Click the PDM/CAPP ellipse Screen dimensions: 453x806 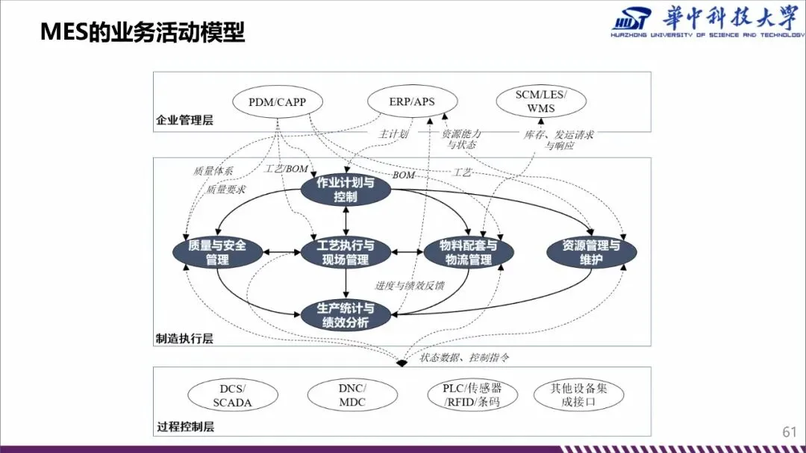(x=277, y=101)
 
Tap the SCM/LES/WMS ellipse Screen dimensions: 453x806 (x=541, y=101)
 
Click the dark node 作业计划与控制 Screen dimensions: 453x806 (x=346, y=190)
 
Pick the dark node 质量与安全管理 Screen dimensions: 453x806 (x=217, y=252)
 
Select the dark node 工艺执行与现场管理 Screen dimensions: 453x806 (x=346, y=252)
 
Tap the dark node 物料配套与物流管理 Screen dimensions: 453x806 (x=469, y=252)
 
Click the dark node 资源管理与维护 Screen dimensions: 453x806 (x=591, y=252)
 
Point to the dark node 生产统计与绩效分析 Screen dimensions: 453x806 (x=346, y=315)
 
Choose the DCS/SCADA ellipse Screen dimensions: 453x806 (x=232, y=396)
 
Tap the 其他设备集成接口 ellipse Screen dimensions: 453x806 (x=578, y=396)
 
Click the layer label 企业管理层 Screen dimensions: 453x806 (x=184, y=120)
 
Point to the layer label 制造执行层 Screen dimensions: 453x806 (x=184, y=339)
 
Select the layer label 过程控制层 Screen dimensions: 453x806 (x=184, y=428)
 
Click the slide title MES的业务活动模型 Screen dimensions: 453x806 (x=143, y=33)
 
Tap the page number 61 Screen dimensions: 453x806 (x=790, y=432)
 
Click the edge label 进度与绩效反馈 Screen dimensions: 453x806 (x=409, y=285)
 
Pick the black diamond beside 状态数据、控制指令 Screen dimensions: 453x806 (x=402, y=363)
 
